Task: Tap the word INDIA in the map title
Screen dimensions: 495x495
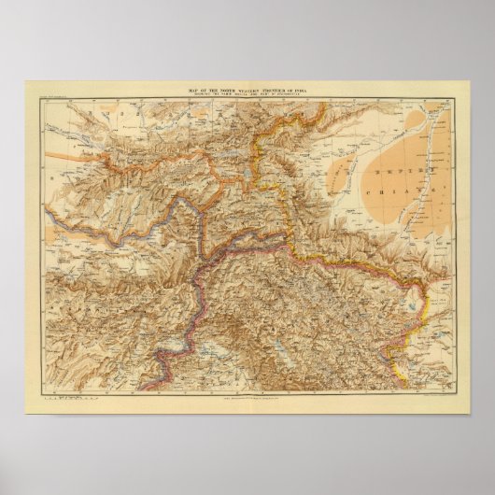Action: [305, 90]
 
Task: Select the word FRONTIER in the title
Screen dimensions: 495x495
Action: [269, 90]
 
